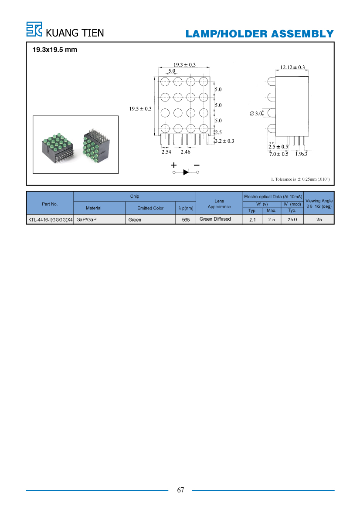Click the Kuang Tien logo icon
(34, 29)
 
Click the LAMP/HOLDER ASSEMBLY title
(260, 34)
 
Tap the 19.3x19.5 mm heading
(54, 50)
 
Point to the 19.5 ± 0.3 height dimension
(140, 109)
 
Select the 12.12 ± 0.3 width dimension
(292, 67)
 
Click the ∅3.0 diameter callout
(256, 113)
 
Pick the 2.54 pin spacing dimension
(166, 152)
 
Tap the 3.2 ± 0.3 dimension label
(224, 141)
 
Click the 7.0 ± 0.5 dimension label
(278, 154)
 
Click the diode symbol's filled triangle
(186, 172)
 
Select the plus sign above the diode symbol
(174, 165)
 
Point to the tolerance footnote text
(300, 179)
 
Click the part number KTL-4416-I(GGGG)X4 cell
(51, 220)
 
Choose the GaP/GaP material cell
(86, 220)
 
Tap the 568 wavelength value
(186, 220)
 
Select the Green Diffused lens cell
(215, 219)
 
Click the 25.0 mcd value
(292, 219)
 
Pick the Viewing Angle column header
(319, 203)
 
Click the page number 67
(180, 490)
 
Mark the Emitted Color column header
(150, 208)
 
